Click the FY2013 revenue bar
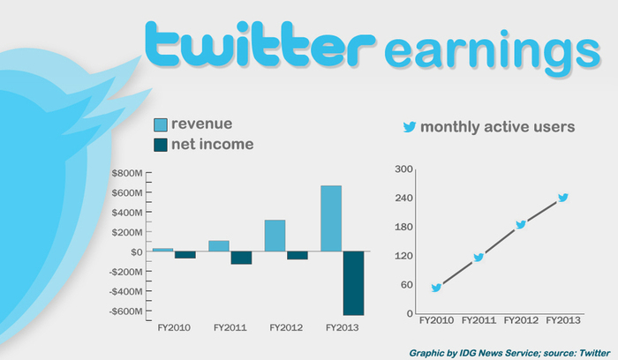point(331,218)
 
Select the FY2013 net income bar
point(353,283)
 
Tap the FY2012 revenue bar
point(275,236)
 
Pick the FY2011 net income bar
point(241,258)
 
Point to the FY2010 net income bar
point(185,255)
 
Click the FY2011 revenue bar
point(219,246)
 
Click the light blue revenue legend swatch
point(161,125)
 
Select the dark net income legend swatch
point(161,145)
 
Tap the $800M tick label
point(127,173)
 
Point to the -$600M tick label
point(125,311)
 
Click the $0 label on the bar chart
point(136,252)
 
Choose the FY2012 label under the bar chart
point(286,327)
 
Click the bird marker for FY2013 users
point(563,198)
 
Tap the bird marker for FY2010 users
point(436,288)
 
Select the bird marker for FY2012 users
point(521,224)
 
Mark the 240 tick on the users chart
point(404,198)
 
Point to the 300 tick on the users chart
point(404,169)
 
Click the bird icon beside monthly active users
point(410,127)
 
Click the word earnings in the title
point(493,51)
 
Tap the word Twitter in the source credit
point(594,353)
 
